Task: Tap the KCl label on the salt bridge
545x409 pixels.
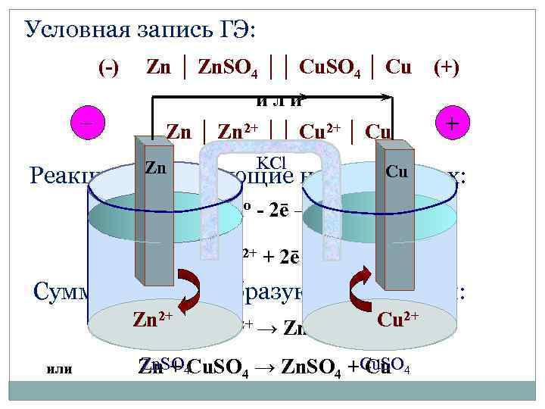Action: [x=270, y=162]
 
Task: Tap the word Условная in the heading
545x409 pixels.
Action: [x=69, y=30]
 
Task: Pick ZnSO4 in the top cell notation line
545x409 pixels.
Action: [x=227, y=68]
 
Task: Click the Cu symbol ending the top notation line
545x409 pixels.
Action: [x=399, y=67]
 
